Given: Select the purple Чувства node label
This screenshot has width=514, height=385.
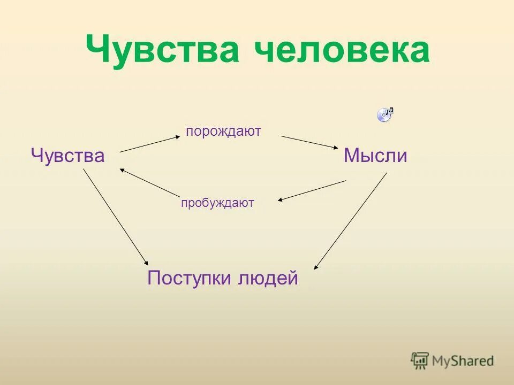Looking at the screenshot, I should [x=67, y=156].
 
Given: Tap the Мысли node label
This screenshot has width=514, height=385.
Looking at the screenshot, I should [x=375, y=156].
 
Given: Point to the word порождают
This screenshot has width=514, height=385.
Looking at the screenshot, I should [x=223, y=132].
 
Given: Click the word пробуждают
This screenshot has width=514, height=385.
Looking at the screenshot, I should [x=217, y=203].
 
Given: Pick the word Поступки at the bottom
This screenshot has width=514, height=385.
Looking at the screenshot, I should [x=189, y=278].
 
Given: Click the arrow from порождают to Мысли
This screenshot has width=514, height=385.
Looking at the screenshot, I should [x=308, y=142].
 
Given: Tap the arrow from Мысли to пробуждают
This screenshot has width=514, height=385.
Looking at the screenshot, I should [x=312, y=190].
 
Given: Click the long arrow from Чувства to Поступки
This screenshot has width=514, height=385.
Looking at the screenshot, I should [x=115, y=217].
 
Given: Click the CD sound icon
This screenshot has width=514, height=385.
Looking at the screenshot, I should [x=384, y=115].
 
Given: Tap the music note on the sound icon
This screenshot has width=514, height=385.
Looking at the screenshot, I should [x=390, y=110].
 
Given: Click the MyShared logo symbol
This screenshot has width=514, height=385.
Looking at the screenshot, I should [x=420, y=360].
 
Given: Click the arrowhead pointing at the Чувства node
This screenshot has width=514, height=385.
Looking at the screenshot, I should [x=122, y=170].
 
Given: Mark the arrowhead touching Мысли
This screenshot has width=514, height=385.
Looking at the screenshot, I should [x=332, y=148].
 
